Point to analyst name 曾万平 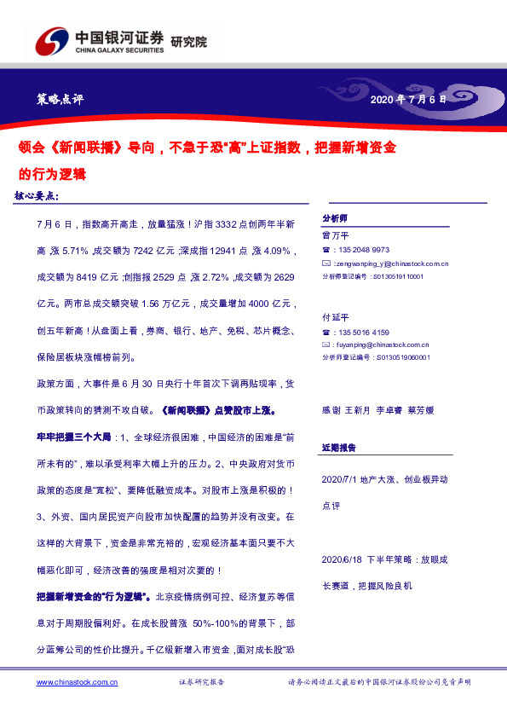click(335, 235)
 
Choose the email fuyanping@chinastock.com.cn click(386, 345)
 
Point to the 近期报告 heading click(338, 447)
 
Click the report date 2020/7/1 click(341, 479)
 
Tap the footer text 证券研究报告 click(201, 682)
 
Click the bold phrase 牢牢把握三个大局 click(74, 437)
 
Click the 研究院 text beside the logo click(188, 42)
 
